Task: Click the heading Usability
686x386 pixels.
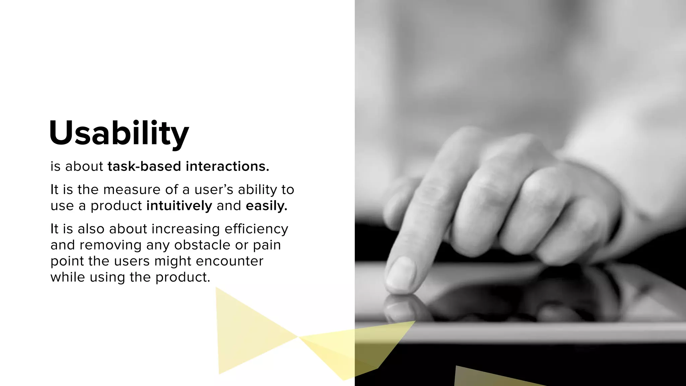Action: click(x=119, y=133)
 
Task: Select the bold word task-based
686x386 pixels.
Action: click(x=144, y=167)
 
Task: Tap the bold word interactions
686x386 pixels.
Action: click(x=227, y=167)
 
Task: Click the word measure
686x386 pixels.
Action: click(x=132, y=190)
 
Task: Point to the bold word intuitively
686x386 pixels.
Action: click(x=179, y=206)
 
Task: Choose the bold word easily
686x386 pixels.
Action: click(x=266, y=206)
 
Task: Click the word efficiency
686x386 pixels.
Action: click(x=256, y=229)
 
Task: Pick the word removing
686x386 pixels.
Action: click(x=111, y=245)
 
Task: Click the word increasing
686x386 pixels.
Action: click(x=186, y=229)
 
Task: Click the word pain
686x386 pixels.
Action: click(x=267, y=245)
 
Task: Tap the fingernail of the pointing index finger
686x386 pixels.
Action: click(x=401, y=273)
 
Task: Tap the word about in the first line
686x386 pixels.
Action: click(x=84, y=167)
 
